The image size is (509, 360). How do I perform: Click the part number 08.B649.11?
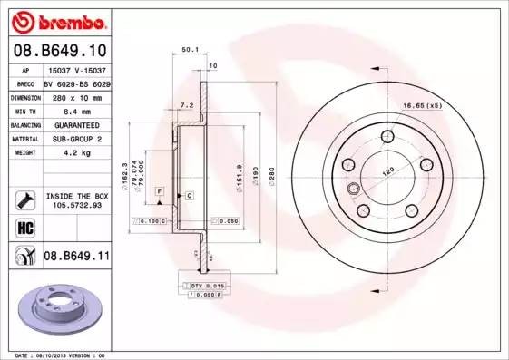pyautogui.click(x=76, y=257)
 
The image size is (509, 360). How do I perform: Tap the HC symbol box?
pyautogui.click(x=24, y=228)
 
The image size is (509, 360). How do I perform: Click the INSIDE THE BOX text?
pyautogui.click(x=76, y=196)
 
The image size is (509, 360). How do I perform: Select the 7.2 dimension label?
pyautogui.click(x=187, y=106)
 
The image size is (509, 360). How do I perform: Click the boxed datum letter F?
pyautogui.click(x=159, y=190)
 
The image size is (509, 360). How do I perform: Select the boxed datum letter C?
pyautogui.click(x=189, y=195)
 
